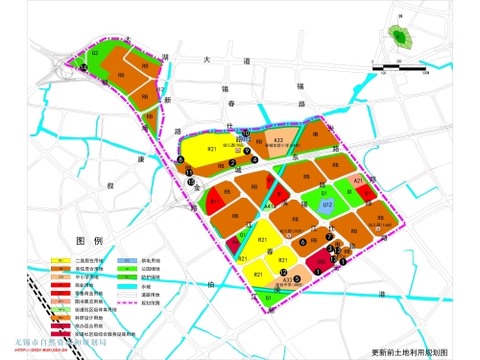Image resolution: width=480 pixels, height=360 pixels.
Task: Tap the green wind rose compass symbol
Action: coord(399,39)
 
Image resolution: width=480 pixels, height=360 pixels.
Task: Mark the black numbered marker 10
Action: coord(246,133)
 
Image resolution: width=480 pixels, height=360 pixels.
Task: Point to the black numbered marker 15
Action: coord(191,181)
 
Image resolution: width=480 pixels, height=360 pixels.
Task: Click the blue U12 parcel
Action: coord(327,205)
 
